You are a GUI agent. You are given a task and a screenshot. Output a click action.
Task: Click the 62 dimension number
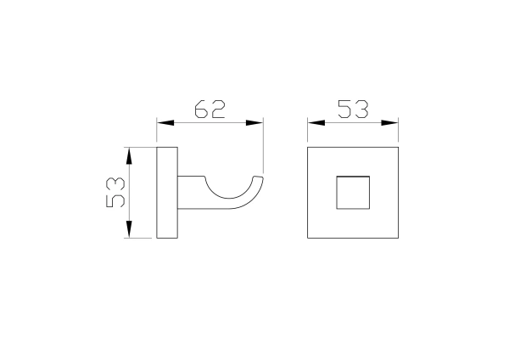pyautogui.click(x=210, y=110)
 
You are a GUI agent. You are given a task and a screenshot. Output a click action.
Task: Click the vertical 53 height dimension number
pyautogui.click(x=115, y=192)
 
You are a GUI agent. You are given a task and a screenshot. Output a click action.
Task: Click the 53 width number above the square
pyautogui.click(x=353, y=110)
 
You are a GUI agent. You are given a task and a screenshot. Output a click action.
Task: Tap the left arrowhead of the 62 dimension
pyautogui.click(x=165, y=123)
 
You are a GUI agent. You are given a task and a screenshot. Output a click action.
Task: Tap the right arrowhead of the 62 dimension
pyautogui.click(x=255, y=123)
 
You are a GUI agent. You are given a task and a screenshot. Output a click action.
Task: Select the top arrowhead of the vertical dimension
pyautogui.click(x=129, y=155)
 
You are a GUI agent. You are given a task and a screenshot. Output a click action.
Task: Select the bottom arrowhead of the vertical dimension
pyautogui.click(x=129, y=229)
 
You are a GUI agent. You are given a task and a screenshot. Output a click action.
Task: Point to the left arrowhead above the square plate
pyautogui.click(x=316, y=123)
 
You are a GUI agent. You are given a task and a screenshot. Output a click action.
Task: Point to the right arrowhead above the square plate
pyautogui.click(x=389, y=123)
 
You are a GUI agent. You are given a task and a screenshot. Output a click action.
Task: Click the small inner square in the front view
pyautogui.click(x=353, y=193)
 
